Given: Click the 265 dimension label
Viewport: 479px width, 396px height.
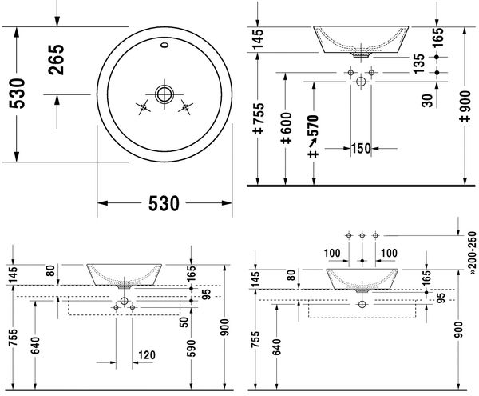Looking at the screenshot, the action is click(x=56, y=60).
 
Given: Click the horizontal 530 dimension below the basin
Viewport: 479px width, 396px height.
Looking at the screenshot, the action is click(x=164, y=203).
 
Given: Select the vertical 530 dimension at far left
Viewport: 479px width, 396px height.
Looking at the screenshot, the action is click(x=17, y=94).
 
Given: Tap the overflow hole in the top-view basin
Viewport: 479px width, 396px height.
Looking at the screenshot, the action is click(x=164, y=46).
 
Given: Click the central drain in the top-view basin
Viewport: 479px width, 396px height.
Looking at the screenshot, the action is click(x=164, y=94).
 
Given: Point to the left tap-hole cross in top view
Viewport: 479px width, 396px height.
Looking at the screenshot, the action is click(x=143, y=107).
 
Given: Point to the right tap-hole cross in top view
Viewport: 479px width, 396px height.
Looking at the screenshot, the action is click(x=185, y=107).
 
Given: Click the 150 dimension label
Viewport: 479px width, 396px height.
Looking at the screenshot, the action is click(x=361, y=149).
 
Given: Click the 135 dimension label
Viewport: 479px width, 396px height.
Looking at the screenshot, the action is click(x=419, y=64).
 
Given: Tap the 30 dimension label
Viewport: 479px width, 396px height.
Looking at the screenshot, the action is click(x=427, y=100).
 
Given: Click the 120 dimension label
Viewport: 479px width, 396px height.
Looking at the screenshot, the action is click(x=147, y=355).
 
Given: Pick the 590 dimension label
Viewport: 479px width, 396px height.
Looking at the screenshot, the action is click(x=192, y=348).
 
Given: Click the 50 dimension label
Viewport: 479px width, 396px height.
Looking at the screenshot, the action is click(x=184, y=322).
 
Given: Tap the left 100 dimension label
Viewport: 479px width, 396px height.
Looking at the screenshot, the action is click(x=332, y=253).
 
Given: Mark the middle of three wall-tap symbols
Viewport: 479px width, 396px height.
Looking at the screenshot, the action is click(x=362, y=235).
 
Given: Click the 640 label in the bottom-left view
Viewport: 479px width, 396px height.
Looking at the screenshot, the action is click(x=35, y=345).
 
